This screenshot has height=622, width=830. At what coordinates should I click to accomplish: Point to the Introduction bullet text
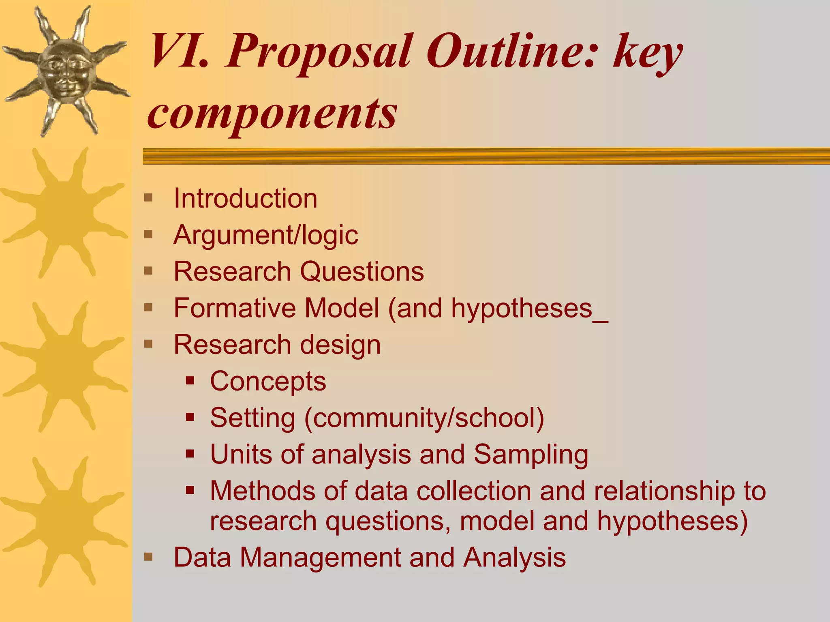245,199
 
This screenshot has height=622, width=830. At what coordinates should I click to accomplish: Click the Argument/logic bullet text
265,235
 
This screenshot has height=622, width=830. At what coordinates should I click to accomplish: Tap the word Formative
235,308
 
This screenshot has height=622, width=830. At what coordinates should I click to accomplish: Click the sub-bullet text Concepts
268,382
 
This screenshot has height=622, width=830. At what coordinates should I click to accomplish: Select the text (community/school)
424,418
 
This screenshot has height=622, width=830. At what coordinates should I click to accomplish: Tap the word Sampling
531,455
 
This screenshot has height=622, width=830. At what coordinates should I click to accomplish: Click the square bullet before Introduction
148,198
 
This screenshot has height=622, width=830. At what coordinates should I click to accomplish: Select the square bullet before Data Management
148,557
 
